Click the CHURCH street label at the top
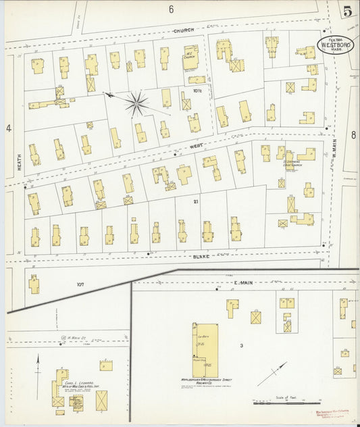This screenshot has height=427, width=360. pyautogui.click(x=183, y=30)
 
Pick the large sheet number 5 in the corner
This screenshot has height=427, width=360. pyautogui.click(x=346, y=10)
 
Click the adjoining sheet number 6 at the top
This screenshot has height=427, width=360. pyautogui.click(x=172, y=9)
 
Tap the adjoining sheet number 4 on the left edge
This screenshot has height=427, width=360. pyautogui.click(x=9, y=128)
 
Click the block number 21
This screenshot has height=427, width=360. pyautogui.click(x=196, y=201)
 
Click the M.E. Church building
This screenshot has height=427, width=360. pyautogui.click(x=190, y=62)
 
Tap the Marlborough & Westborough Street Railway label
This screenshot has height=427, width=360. pyautogui.click(x=204, y=380)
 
